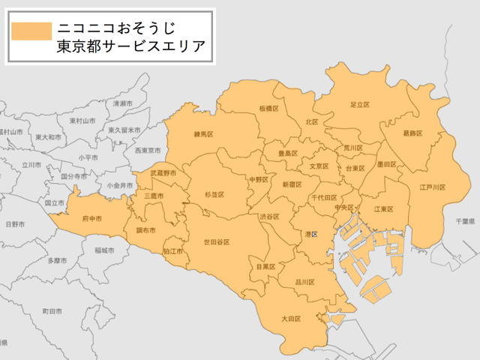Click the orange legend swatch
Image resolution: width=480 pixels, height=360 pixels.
pyautogui.click(x=31, y=30)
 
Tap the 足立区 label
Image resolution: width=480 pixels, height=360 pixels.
pyautogui.click(x=360, y=105)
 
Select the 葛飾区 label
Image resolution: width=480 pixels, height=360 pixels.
pyautogui.click(x=412, y=133)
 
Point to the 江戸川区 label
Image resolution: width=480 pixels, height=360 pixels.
pyautogui.click(x=433, y=187)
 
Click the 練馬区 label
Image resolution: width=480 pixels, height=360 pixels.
pyautogui.click(x=204, y=135)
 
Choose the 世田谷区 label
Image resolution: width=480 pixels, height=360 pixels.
pyautogui.click(x=217, y=242)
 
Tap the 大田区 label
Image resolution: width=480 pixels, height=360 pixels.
pyautogui.click(x=290, y=319)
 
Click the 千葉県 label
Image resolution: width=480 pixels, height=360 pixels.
pyautogui.click(x=466, y=222)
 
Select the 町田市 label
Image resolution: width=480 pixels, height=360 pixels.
pyautogui.click(x=52, y=310)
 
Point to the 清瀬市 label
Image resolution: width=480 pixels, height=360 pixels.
pyautogui.click(x=122, y=103)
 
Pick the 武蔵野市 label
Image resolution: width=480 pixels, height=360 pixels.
pyautogui.click(x=163, y=173)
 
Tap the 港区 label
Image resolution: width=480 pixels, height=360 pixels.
pyautogui.click(x=310, y=235)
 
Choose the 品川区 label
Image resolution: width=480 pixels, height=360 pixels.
pyautogui.click(x=304, y=282)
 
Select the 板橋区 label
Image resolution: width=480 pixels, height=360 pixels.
pyautogui.click(x=268, y=109)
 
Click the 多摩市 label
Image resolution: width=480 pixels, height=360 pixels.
pyautogui.click(x=57, y=260)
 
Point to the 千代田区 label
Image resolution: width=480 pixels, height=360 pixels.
pyautogui.click(x=324, y=197)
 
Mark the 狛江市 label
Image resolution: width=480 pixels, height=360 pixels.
pyautogui.click(x=172, y=252)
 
